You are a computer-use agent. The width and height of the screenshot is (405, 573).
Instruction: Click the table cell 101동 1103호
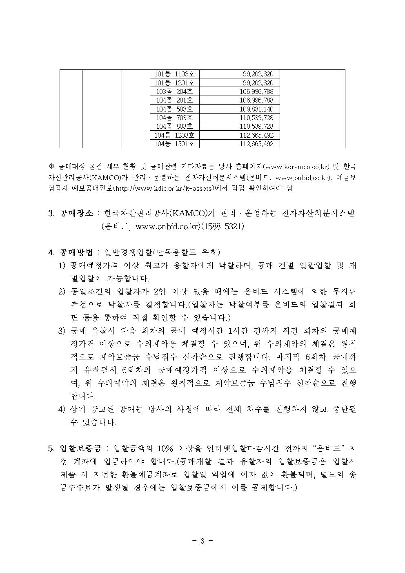pos(174,74)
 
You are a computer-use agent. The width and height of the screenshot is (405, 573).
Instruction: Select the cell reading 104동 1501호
pos(174,144)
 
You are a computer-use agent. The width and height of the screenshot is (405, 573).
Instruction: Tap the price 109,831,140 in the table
pos(256,109)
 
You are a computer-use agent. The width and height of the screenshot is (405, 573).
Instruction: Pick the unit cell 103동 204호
pos(174,91)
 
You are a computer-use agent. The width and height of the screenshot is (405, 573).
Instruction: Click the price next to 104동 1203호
pos(256,135)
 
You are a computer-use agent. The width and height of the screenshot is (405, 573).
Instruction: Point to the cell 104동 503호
pos(174,109)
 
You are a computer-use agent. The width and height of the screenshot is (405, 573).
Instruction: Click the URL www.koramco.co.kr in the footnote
pos(297,167)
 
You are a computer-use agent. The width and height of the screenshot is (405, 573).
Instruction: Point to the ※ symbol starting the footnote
pos(51,167)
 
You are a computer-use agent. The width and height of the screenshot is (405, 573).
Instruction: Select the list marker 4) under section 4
pos(62,409)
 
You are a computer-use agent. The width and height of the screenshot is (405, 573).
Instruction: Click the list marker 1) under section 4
pos(62,265)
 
